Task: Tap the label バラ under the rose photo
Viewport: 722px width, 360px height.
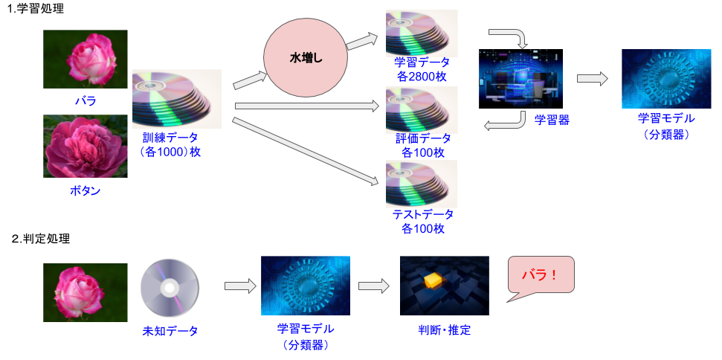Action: point(86,100)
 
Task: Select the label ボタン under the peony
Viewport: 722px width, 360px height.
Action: point(86,190)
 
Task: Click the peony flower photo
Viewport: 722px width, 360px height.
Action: point(86,147)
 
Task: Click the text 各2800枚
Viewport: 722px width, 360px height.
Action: point(422,76)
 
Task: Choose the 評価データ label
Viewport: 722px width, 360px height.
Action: point(422,138)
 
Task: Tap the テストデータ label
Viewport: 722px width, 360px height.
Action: point(422,214)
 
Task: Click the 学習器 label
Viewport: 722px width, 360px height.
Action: point(552,120)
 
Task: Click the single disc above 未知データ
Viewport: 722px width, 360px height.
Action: point(170,288)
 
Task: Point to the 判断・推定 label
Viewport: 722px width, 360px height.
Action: point(445,330)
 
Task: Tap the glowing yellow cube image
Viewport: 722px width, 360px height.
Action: point(445,286)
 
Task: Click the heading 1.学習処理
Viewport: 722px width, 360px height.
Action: point(35,8)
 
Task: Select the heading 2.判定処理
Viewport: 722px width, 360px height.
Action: point(40,239)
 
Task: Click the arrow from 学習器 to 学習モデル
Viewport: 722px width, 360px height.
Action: point(592,78)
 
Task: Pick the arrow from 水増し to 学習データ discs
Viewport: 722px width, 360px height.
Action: point(362,41)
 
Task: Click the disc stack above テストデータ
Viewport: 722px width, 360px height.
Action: point(422,184)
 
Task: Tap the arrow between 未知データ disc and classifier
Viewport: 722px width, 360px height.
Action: point(240,286)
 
